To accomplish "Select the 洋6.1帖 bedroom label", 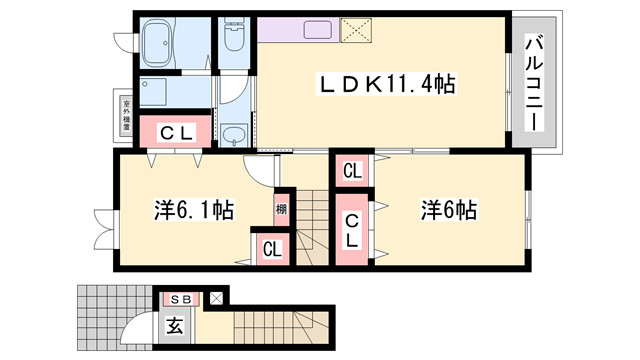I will (194, 211).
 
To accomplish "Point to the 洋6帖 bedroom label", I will (449, 211).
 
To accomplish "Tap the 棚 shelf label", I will (281, 210).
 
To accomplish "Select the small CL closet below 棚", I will (271, 250).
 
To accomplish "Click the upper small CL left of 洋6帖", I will (351, 172).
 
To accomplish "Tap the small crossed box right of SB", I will (215, 298).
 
